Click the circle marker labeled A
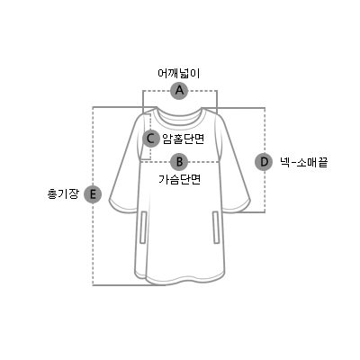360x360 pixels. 179,90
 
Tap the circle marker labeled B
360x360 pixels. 179,162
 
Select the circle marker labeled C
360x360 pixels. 151,139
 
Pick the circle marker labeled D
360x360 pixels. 264,162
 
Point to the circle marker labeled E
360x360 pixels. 93,195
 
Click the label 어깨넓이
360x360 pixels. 179,74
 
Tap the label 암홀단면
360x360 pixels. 183,139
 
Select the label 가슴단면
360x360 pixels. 179,179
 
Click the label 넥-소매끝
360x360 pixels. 303,162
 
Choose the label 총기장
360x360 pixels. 63,193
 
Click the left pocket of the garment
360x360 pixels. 143,227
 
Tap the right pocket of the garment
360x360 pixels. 216,227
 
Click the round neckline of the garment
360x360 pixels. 179,120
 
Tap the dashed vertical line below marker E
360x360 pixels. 93,245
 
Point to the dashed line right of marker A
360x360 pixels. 202,90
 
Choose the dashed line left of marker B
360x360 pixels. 156,162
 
